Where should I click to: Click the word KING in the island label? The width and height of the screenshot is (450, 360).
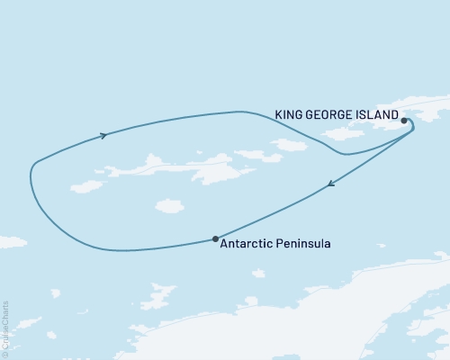coord(289,114)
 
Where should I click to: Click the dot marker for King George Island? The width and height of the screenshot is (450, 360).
coord(404,120)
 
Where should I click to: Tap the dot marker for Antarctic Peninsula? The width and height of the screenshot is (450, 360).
coord(214,238)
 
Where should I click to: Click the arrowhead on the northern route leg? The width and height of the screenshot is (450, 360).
coord(104,136)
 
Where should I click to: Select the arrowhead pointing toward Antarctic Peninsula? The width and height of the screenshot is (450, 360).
coord(331,185)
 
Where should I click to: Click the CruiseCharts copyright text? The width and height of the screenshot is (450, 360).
coord(5,324)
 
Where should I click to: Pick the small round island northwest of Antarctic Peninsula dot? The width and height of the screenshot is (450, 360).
coord(167,206)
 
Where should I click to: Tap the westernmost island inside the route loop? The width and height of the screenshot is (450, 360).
coord(87,186)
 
